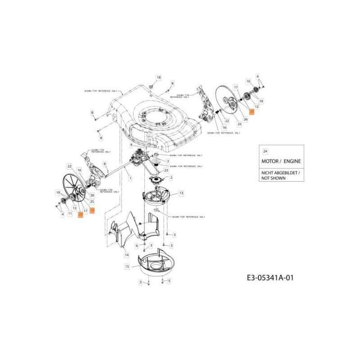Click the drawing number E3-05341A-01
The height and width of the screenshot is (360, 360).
tap(270, 278)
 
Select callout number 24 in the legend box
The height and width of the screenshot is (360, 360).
tap(265, 151)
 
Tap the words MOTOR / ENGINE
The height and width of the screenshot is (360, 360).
tap(281, 161)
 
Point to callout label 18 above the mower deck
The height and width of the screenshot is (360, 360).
tap(152, 77)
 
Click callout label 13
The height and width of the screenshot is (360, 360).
tap(181, 193)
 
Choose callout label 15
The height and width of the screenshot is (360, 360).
tap(127, 266)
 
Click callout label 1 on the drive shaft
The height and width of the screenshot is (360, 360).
tap(130, 179)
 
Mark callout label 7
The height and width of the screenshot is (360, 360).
tap(168, 161)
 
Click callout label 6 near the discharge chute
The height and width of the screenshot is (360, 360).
tap(137, 245)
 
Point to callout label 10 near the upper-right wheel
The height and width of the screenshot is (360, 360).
tap(247, 81)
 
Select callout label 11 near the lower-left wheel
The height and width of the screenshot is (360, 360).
tap(70, 213)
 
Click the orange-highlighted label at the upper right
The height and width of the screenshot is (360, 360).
tap(252, 111)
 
